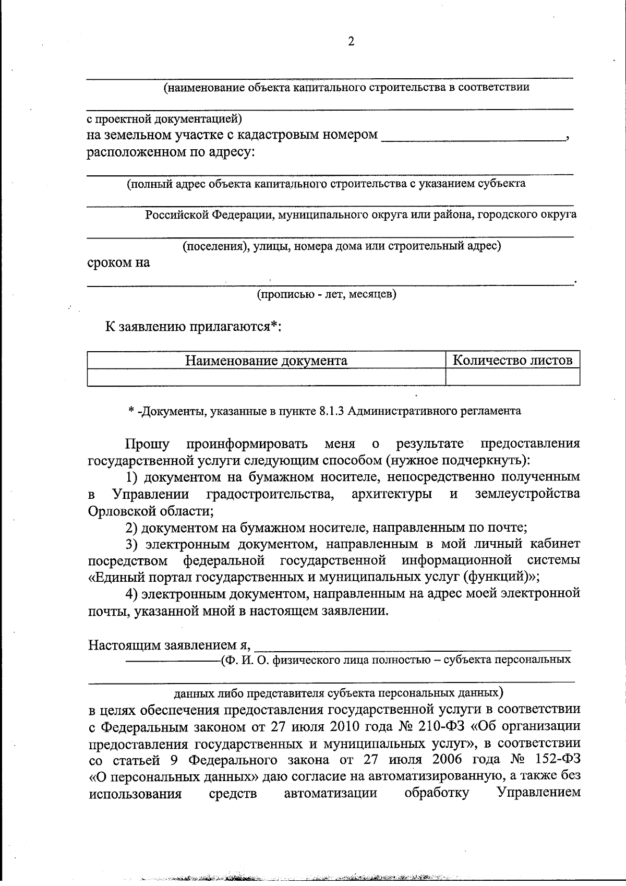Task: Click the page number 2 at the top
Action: [x=351, y=42]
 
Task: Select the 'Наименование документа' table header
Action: [x=266, y=361]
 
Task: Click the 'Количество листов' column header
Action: [x=512, y=360]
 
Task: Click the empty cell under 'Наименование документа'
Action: [x=266, y=377]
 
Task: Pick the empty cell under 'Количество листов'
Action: [x=512, y=377]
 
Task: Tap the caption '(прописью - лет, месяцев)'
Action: [x=327, y=294]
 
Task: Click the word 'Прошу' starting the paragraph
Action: [x=147, y=444]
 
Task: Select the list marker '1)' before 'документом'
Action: [x=133, y=477]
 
